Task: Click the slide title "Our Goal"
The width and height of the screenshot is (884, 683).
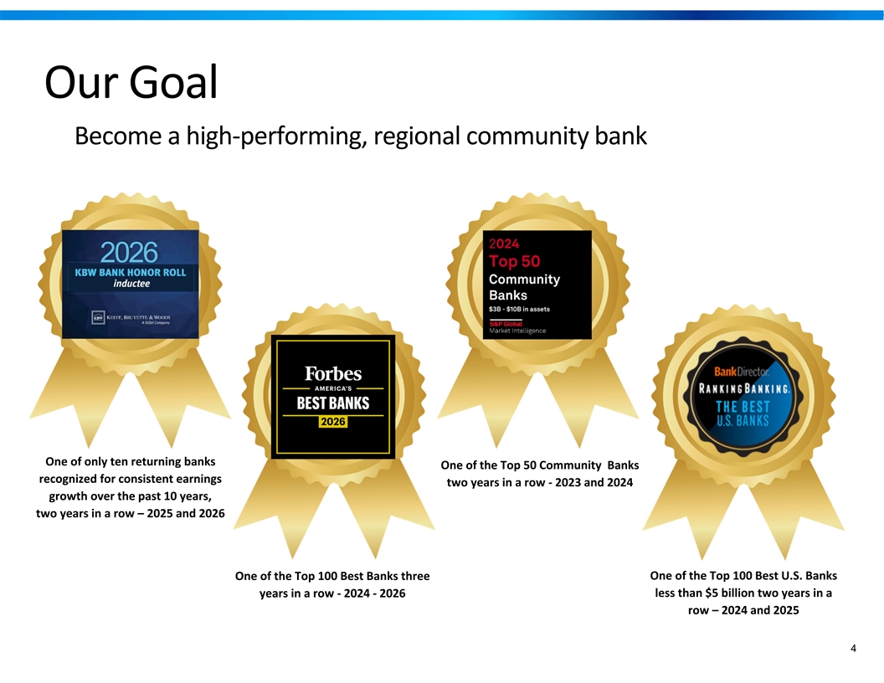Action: click(131, 82)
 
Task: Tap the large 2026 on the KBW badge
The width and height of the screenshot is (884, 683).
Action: click(129, 253)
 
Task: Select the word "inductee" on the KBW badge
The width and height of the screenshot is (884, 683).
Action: click(131, 284)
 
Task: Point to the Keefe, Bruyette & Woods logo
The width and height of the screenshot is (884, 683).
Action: click(131, 318)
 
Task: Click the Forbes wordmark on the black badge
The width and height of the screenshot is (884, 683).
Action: click(333, 373)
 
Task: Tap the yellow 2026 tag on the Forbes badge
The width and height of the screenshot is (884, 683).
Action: click(332, 422)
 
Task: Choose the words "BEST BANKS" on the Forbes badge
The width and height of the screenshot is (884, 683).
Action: click(333, 403)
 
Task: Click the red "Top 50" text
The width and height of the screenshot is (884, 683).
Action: click(514, 261)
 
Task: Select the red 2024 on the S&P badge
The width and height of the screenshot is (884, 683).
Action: click(504, 244)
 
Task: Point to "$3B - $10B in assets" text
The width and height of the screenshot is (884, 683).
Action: click(519, 309)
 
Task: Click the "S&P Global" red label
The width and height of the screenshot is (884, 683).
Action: click(506, 323)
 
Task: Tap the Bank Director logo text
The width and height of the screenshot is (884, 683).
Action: click(742, 372)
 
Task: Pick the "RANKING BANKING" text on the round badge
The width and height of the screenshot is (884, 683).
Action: click(744, 389)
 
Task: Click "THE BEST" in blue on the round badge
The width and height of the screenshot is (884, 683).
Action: click(743, 407)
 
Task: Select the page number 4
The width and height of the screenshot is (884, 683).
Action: click(853, 648)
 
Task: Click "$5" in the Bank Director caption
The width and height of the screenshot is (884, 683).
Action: click(711, 593)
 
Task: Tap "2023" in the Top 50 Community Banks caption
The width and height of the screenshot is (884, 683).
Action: click(568, 482)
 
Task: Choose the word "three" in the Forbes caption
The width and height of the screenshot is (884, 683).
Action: click(415, 576)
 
